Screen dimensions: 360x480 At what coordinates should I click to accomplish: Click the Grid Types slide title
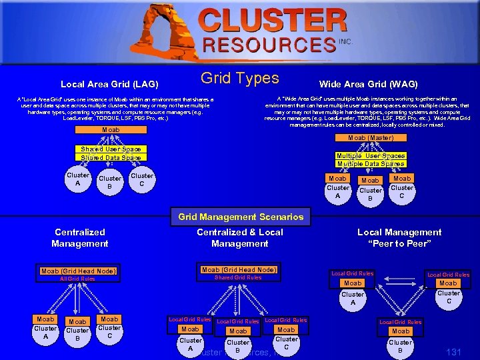coord(239,79)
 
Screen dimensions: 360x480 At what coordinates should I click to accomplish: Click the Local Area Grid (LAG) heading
coord(109,85)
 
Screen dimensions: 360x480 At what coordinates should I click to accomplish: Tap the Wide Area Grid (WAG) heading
coord(368,85)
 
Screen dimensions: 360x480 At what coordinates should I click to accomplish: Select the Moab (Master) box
coord(371,138)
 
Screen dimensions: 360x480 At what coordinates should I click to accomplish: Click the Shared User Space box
coord(111,149)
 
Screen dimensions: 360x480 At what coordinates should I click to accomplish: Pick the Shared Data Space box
coord(111,158)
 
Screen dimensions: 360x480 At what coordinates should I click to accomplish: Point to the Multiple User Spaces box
coord(371,156)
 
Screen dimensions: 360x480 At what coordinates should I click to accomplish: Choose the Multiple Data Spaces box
coord(371,164)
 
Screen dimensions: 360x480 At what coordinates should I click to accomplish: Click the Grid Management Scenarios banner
coord(241,217)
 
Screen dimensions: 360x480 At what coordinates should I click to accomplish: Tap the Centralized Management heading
coord(80,238)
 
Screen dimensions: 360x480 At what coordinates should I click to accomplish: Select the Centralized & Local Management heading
coord(240,238)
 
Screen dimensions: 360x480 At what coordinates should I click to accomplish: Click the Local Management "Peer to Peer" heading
coord(399,238)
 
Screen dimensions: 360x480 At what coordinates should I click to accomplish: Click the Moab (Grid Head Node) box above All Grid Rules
coord(79,271)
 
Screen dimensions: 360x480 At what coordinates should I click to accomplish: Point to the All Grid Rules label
coord(77,279)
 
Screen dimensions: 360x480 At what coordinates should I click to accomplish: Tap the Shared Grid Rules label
coord(237,278)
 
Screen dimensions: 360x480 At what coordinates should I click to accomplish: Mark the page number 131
coord(453,351)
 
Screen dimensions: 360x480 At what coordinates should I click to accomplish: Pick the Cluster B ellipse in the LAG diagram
coord(110,182)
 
